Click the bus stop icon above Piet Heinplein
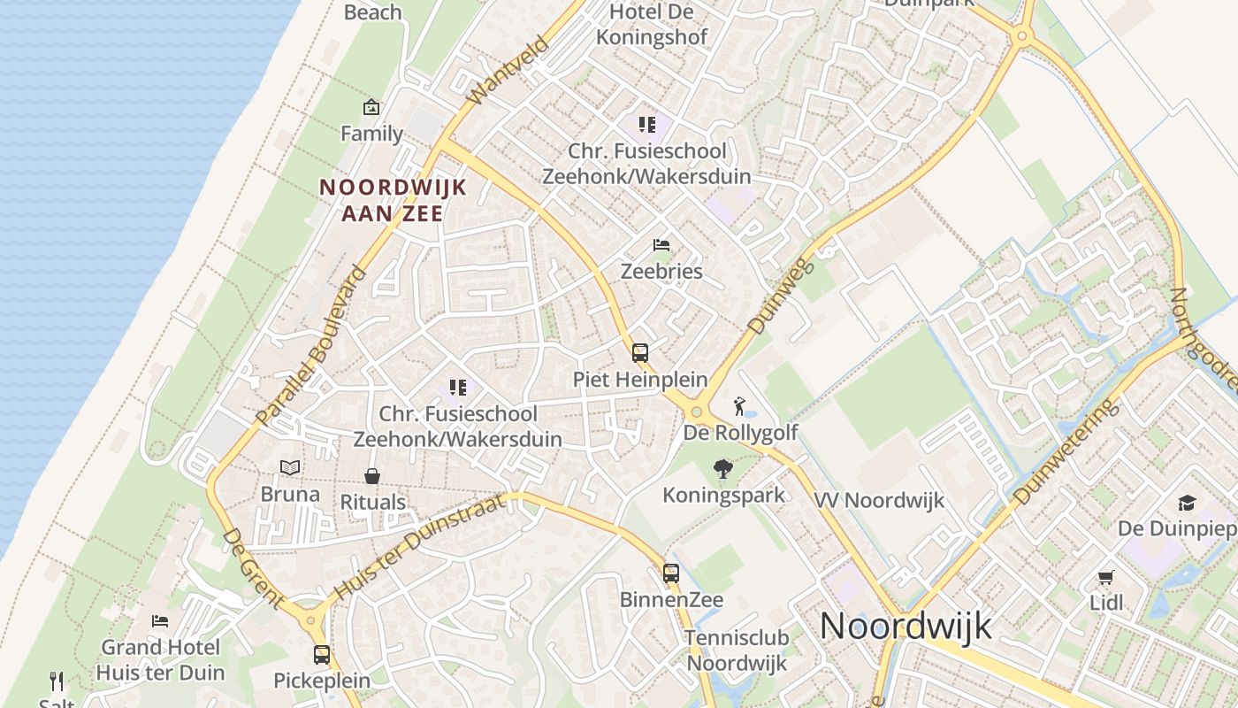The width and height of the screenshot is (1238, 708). coord(639,353)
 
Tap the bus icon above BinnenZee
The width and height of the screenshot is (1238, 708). coord(671,573)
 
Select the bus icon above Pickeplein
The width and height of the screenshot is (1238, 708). coord(322,656)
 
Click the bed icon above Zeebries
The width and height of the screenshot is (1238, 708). coord(661,245)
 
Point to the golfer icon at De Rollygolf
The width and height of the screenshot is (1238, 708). coord(739,406)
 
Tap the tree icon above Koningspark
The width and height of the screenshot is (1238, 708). coord(723,469)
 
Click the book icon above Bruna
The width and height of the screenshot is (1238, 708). coord(290,468)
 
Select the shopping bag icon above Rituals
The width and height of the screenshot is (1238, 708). coord(372,476)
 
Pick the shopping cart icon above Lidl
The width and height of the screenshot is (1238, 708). coord(1105,578)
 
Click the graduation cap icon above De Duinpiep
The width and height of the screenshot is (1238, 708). coord(1187,503)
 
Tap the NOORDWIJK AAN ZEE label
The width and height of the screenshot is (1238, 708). coord(392,200)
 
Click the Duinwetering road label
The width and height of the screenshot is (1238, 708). coord(1066,452)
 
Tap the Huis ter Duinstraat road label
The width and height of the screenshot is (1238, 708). coord(420,547)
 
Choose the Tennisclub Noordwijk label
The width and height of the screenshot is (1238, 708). coord(737,650)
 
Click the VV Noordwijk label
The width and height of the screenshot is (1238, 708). coord(879,500)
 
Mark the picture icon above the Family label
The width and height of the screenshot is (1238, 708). coord(371,108)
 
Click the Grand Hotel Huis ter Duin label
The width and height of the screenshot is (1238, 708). coord(161,659)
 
